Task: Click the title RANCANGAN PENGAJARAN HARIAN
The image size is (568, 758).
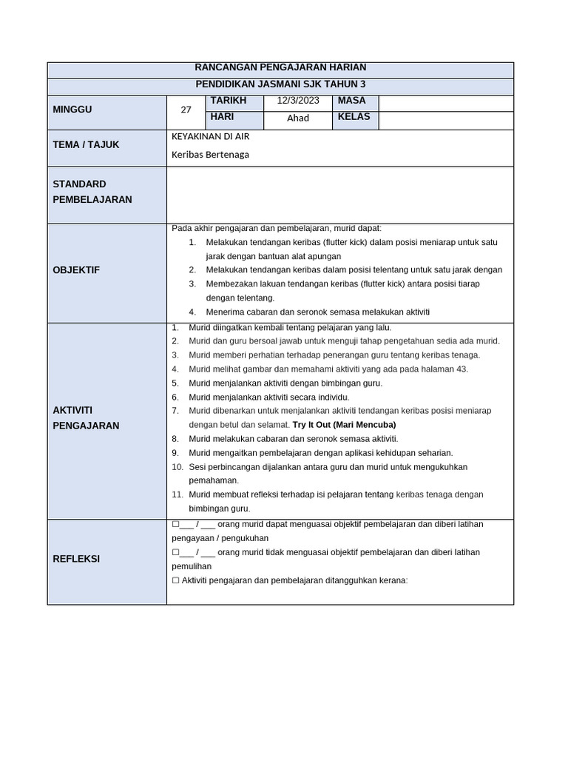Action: click(x=280, y=67)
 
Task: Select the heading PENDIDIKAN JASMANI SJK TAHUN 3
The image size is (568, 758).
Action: click(x=280, y=84)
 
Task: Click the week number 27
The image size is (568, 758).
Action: click(x=186, y=110)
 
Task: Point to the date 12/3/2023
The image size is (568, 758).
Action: click(x=298, y=101)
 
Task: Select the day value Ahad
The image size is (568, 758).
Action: click(x=298, y=118)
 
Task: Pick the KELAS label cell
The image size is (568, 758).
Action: click(x=354, y=117)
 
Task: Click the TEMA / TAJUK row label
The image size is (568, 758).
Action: click(x=86, y=145)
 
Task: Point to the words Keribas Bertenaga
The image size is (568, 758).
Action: click(x=210, y=155)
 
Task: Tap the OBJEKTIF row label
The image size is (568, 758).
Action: click(x=76, y=270)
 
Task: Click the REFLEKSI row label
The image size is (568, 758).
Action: click(x=76, y=559)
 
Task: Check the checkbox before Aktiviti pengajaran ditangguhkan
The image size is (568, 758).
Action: click(x=175, y=580)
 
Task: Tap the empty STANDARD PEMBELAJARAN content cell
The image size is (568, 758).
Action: click(x=339, y=194)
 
